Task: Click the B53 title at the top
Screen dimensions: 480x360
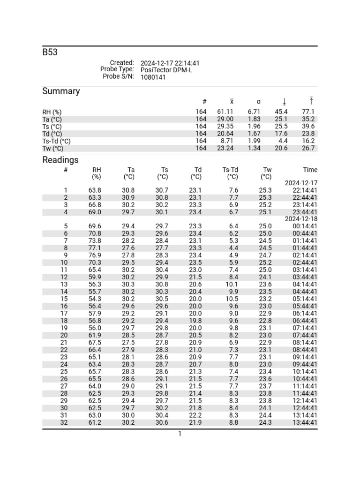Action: [x=50, y=52]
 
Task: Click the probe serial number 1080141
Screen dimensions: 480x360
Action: [x=153, y=77]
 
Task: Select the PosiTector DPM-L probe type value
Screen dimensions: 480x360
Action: [x=166, y=70]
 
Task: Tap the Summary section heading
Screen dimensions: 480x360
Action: [x=61, y=91]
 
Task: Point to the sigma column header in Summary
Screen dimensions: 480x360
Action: [x=258, y=102]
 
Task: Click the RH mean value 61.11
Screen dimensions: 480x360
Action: [x=225, y=112]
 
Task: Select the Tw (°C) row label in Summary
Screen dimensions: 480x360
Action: [x=52, y=149]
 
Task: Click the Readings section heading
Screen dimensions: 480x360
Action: [x=60, y=160]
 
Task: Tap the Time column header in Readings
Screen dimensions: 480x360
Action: [x=310, y=170]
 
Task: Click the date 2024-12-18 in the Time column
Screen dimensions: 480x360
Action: [x=301, y=219]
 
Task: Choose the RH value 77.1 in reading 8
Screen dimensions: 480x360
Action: [x=95, y=248]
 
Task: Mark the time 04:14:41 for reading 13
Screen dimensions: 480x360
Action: [x=305, y=285]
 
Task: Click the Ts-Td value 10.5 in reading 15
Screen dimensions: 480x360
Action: [x=232, y=299]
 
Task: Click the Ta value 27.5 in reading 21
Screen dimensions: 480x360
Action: [x=128, y=343]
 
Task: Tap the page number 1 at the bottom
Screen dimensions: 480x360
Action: [x=180, y=434]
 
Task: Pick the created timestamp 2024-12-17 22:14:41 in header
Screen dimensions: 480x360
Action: [x=170, y=63]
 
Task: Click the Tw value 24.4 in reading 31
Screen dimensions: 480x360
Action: [x=265, y=415]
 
